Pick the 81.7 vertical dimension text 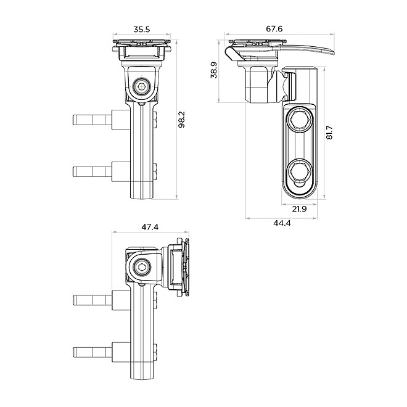coord(329,132)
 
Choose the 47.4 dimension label coord(150,227)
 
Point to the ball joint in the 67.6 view coord(286,86)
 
